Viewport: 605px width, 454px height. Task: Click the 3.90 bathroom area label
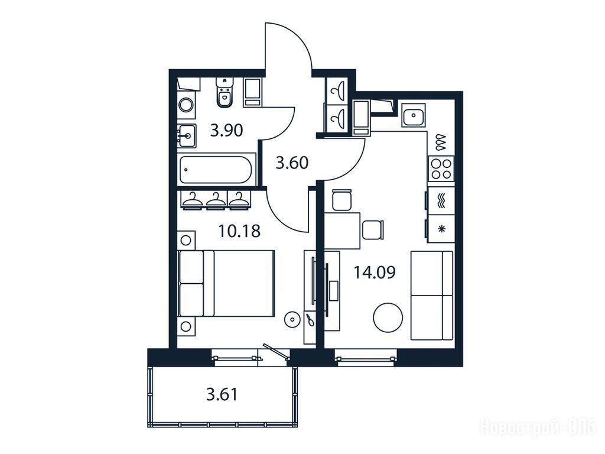tap(226, 130)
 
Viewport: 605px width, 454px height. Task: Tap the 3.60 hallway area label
tap(292, 163)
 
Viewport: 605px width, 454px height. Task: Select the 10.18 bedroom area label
tap(239, 231)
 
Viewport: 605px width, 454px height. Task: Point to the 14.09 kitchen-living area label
tap(375, 273)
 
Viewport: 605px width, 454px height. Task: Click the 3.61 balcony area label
tap(222, 394)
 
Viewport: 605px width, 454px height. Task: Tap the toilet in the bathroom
tap(224, 92)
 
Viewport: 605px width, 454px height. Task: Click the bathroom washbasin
tap(187, 136)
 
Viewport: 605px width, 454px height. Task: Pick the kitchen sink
tap(414, 115)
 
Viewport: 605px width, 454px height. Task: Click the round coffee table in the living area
tap(388, 317)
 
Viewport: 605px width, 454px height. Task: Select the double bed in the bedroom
tap(226, 283)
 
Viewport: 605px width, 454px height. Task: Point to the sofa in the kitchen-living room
tap(432, 296)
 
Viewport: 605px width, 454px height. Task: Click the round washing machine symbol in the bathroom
tap(186, 105)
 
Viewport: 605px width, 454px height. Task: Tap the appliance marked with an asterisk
tap(441, 229)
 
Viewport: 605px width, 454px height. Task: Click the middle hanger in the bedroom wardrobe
tap(216, 200)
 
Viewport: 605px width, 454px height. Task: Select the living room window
tap(366, 358)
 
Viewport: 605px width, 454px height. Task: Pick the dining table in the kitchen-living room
tap(342, 231)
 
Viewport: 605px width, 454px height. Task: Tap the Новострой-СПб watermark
tap(538, 428)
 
